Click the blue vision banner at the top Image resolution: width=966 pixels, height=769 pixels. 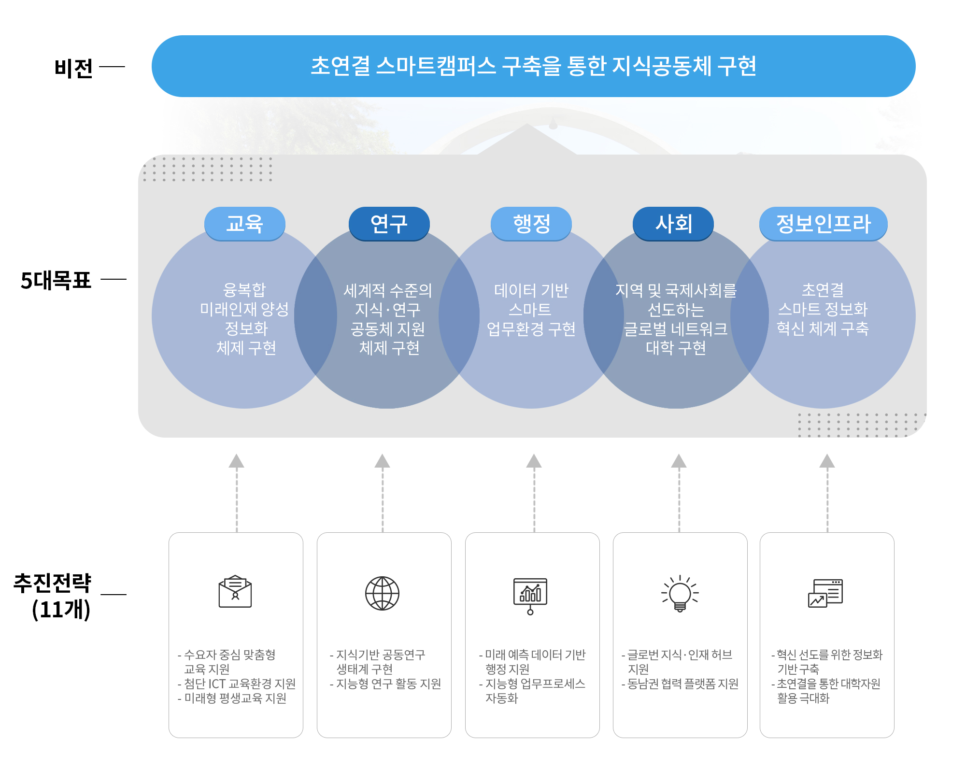pyautogui.click(x=533, y=66)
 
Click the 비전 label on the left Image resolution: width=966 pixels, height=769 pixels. pyautogui.click(x=73, y=68)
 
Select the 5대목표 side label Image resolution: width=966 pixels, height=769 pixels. pyautogui.click(x=56, y=280)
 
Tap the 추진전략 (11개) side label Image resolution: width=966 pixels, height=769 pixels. pyautogui.click(x=53, y=596)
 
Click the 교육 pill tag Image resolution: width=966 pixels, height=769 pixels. pyautogui.click(x=245, y=224)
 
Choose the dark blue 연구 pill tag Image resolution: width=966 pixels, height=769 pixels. pyautogui.click(x=389, y=224)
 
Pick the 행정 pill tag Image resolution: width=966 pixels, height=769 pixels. pyautogui.click(x=531, y=224)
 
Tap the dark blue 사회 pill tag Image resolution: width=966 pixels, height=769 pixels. pyautogui.click(x=673, y=224)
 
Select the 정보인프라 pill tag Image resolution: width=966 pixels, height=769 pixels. pyautogui.click(x=823, y=224)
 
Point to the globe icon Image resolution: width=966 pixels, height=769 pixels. pyautogui.click(x=382, y=593)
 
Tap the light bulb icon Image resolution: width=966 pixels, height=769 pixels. pyautogui.click(x=680, y=594)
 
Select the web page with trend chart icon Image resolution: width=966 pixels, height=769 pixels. pyautogui.click(x=825, y=593)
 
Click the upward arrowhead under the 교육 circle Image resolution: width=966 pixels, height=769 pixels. pyautogui.click(x=236, y=461)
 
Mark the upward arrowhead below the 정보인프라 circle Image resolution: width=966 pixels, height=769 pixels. pyautogui.click(x=827, y=461)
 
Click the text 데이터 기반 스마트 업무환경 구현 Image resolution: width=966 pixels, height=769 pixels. pyautogui.click(x=531, y=310)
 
